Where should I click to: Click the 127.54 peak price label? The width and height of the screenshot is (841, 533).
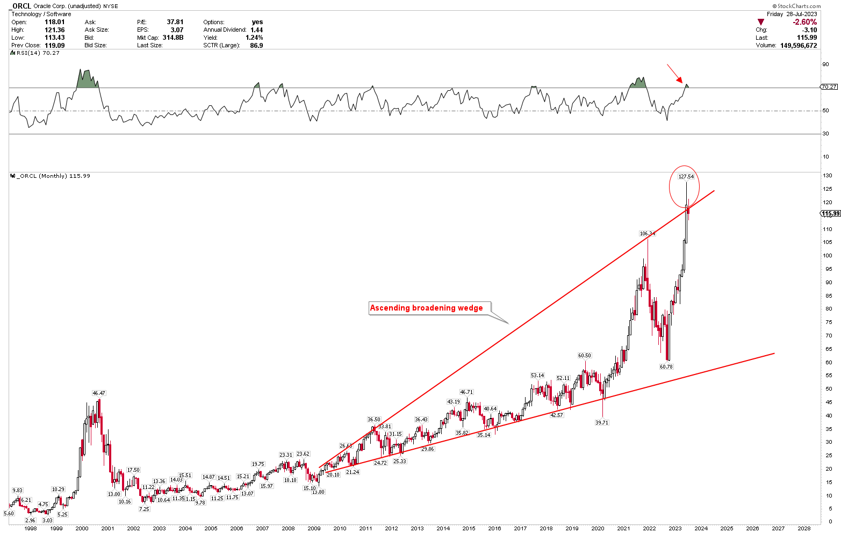click(686, 177)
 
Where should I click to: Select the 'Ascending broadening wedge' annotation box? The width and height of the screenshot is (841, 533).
click(426, 308)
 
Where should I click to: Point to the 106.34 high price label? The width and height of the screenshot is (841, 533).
click(647, 234)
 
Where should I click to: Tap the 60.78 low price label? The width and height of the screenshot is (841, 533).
click(666, 366)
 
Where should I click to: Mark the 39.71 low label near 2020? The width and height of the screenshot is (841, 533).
click(602, 423)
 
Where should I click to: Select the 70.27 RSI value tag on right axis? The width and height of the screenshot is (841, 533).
click(829, 87)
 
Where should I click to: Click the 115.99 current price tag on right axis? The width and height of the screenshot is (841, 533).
click(830, 214)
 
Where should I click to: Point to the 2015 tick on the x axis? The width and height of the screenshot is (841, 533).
click(469, 528)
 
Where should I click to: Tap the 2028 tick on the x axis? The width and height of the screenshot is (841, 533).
click(804, 528)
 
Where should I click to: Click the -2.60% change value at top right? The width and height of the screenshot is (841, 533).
click(804, 22)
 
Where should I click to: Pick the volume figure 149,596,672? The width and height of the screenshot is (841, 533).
click(794, 46)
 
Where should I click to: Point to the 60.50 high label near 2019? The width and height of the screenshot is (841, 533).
click(585, 356)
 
